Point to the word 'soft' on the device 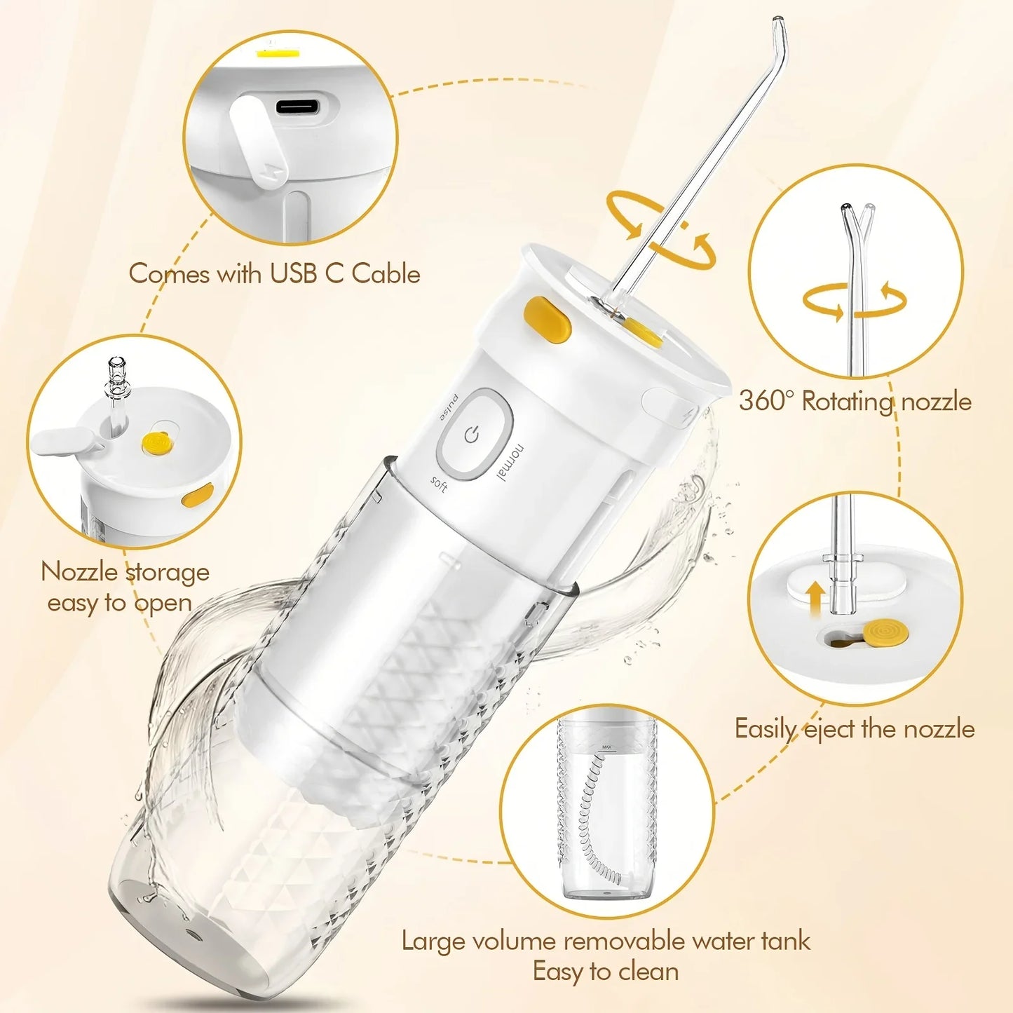coord(439,484)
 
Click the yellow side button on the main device coord(548,320)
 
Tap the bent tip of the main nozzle coord(778,32)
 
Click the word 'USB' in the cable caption coord(294,273)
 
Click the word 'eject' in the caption coord(829,729)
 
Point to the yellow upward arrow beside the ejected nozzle coord(815,601)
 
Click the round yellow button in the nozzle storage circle coord(156,442)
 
